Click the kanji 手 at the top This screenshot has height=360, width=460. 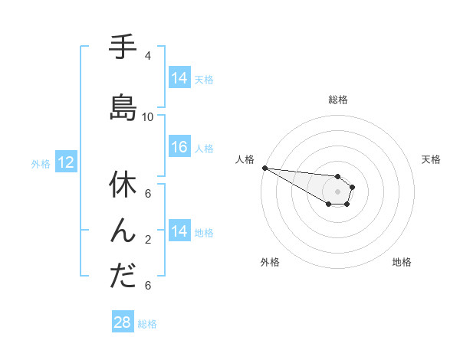click(122, 48)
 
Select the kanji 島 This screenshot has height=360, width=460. click(122, 107)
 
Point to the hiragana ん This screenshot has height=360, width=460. click(122, 230)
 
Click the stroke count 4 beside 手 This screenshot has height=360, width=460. click(148, 56)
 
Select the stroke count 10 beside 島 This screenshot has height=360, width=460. click(148, 117)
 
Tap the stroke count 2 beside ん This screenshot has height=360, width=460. click(148, 240)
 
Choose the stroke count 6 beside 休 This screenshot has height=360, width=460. click(148, 194)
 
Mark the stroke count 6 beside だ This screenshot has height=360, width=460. click(148, 286)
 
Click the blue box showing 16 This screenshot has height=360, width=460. click(179, 147)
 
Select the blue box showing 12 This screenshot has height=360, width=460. click(65, 162)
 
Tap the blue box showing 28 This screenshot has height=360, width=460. click(122, 322)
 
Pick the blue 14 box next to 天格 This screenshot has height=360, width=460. click(179, 78)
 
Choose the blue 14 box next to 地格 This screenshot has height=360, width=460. click(179, 231)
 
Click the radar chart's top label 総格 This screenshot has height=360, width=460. click(338, 100)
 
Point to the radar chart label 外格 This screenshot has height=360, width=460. click(270, 262)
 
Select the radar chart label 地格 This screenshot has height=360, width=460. click(402, 262)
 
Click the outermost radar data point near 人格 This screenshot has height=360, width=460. click(264, 168)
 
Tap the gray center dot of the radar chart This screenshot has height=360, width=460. click(337, 191)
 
